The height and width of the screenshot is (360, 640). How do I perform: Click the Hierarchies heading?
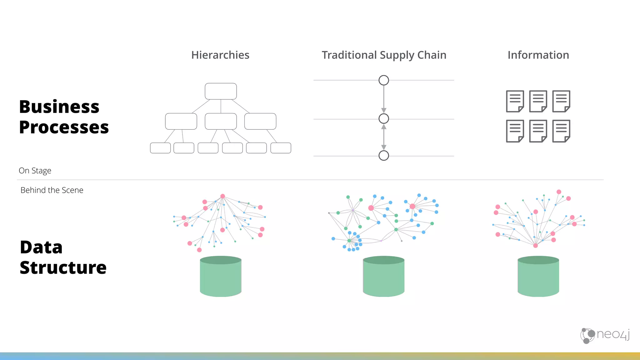(220, 55)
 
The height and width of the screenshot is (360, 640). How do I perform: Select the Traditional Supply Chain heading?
(384, 55)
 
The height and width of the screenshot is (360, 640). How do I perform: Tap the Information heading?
(538, 55)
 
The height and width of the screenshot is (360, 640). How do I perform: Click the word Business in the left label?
(59, 107)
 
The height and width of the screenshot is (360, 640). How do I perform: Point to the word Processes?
(64, 127)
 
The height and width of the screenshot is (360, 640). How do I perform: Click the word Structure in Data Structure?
(63, 268)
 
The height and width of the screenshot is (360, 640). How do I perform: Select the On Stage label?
(35, 171)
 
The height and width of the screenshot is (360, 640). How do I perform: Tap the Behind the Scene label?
(52, 190)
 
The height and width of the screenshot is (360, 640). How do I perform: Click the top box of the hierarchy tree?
(221, 91)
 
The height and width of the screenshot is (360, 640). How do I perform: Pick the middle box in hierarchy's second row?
(221, 121)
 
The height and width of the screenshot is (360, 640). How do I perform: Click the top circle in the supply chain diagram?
(384, 80)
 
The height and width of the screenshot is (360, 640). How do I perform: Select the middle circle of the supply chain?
(384, 119)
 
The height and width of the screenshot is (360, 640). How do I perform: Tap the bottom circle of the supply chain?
(384, 155)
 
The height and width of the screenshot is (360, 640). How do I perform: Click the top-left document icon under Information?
(515, 101)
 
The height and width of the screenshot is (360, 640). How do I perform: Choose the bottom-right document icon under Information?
(561, 131)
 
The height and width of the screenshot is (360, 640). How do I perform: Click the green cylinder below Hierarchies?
(221, 277)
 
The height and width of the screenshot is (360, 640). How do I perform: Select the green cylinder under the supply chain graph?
(384, 277)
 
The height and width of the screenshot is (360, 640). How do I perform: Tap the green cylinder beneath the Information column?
(538, 277)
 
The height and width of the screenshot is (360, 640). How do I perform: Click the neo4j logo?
(605, 335)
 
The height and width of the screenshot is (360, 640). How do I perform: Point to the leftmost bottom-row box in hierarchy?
(160, 148)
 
